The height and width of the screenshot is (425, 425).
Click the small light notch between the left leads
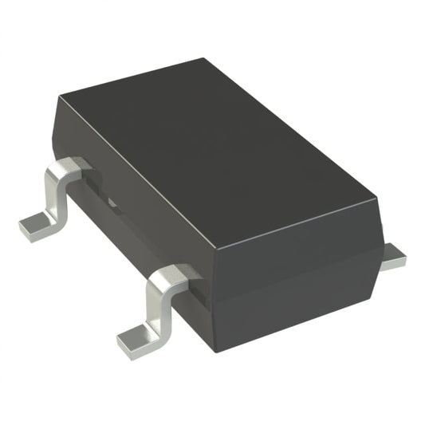click(112, 205)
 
